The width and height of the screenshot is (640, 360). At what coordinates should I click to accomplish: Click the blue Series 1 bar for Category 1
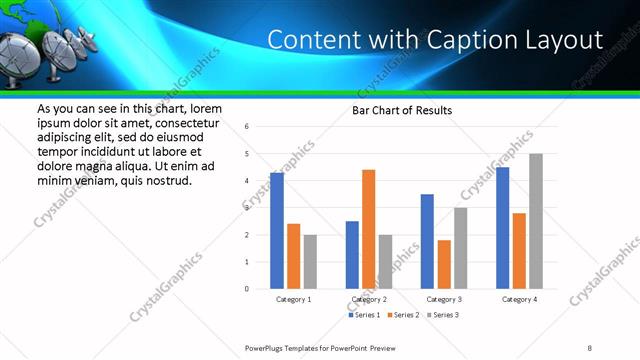[277, 231]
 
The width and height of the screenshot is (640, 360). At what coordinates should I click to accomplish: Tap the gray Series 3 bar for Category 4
[536, 221]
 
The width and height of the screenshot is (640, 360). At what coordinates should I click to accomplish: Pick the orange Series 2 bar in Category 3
[443, 264]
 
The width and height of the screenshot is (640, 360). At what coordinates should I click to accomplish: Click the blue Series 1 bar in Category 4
[502, 228]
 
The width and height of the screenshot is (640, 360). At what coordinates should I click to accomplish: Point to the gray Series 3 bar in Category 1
[310, 262]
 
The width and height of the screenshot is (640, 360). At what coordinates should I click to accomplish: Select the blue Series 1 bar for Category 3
[427, 241]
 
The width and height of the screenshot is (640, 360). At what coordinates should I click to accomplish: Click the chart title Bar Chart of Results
[402, 110]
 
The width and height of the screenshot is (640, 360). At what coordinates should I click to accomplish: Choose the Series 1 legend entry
[364, 315]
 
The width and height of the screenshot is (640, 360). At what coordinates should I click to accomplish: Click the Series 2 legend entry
[403, 315]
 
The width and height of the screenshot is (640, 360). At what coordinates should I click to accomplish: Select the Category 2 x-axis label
[368, 299]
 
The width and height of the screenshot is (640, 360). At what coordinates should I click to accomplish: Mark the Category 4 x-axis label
[519, 299]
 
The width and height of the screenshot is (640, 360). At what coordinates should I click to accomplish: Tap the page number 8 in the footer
[590, 346]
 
